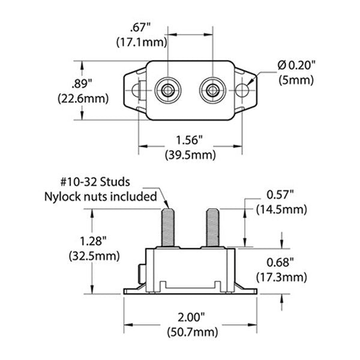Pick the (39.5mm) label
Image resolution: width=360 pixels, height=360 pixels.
click(x=190, y=154)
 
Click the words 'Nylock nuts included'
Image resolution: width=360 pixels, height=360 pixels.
click(x=100, y=196)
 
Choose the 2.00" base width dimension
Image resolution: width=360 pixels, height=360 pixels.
click(x=190, y=317)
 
